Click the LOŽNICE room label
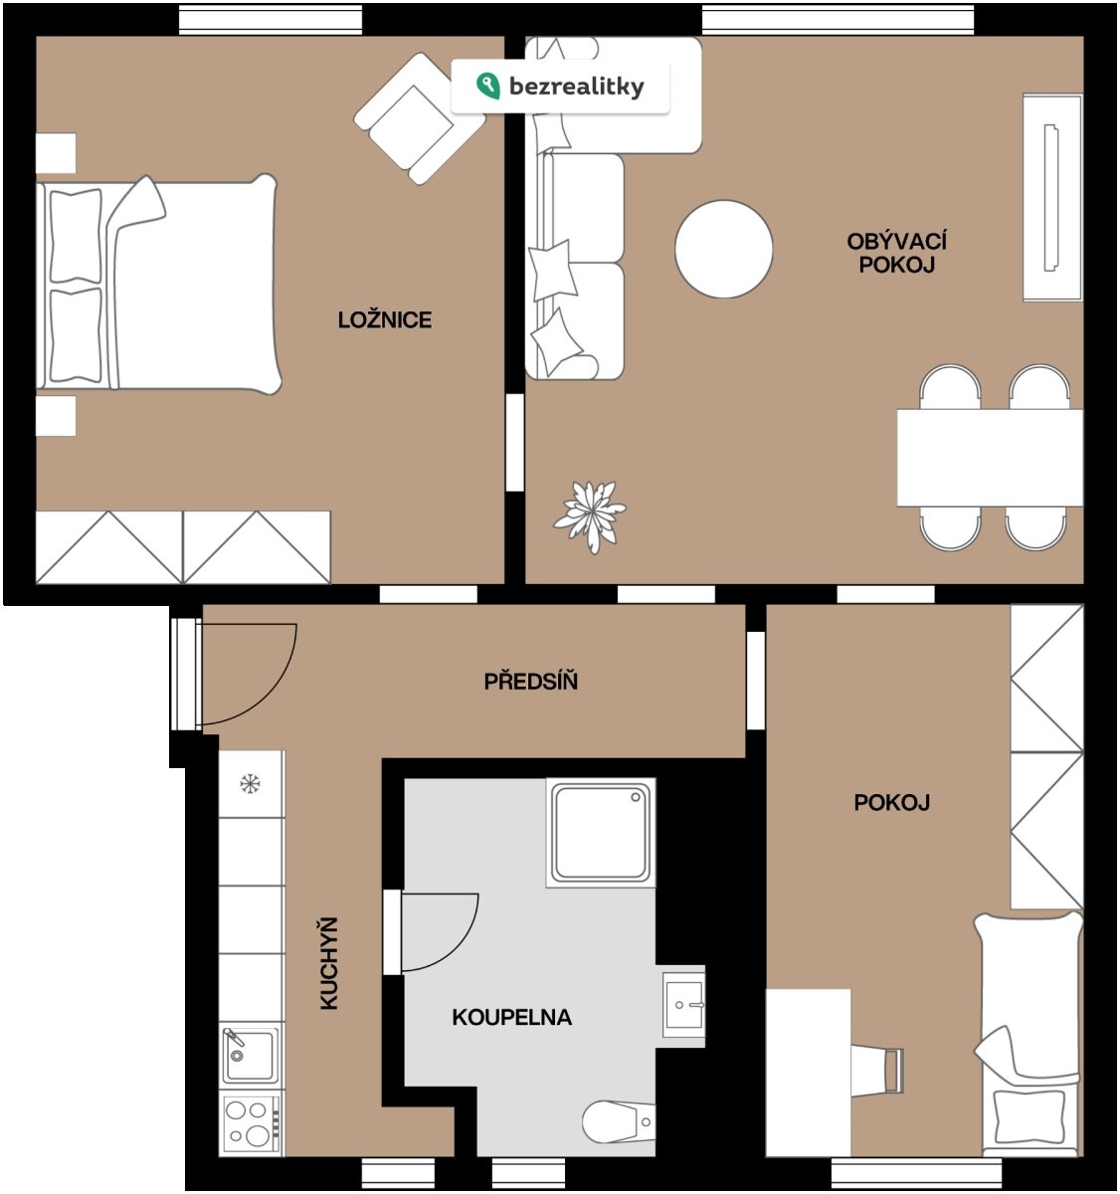(385, 319)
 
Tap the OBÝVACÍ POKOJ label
(896, 253)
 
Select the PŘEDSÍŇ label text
(531, 682)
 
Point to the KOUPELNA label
(511, 1017)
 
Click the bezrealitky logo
(560, 87)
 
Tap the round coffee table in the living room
(723, 249)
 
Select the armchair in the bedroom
(420, 119)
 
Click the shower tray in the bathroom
(601, 833)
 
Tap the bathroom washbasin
(683, 1004)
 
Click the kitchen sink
(250, 1055)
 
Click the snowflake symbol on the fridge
(250, 784)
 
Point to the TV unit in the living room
(1052, 197)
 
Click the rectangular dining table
(990, 458)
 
